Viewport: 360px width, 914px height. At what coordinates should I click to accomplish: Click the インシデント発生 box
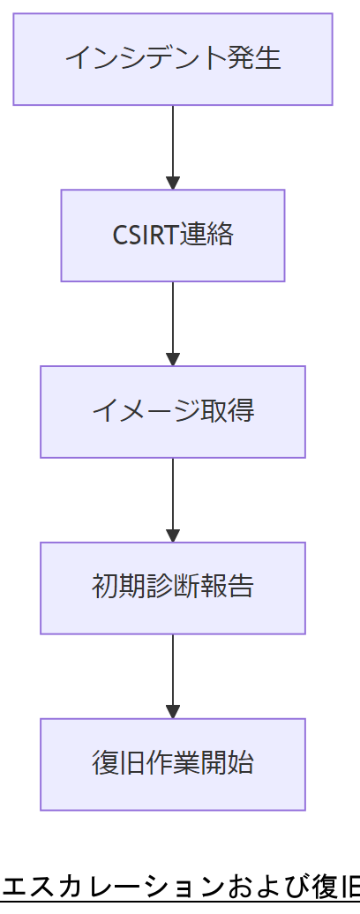[x=173, y=59]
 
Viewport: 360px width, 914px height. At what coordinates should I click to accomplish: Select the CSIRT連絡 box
[x=173, y=236]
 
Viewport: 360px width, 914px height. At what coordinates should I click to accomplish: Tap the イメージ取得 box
[x=173, y=412]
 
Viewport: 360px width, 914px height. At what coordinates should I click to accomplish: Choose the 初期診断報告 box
[x=173, y=588]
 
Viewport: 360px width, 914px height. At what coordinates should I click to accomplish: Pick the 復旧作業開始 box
[x=173, y=765]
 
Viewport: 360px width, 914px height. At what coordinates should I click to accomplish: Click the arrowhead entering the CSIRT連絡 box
[x=173, y=184]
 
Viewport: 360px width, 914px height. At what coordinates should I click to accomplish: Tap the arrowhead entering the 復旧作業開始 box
[x=173, y=713]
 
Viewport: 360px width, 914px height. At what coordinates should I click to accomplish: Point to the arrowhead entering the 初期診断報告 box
[x=173, y=536]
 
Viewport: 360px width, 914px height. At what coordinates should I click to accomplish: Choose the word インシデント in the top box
[x=151, y=59]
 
